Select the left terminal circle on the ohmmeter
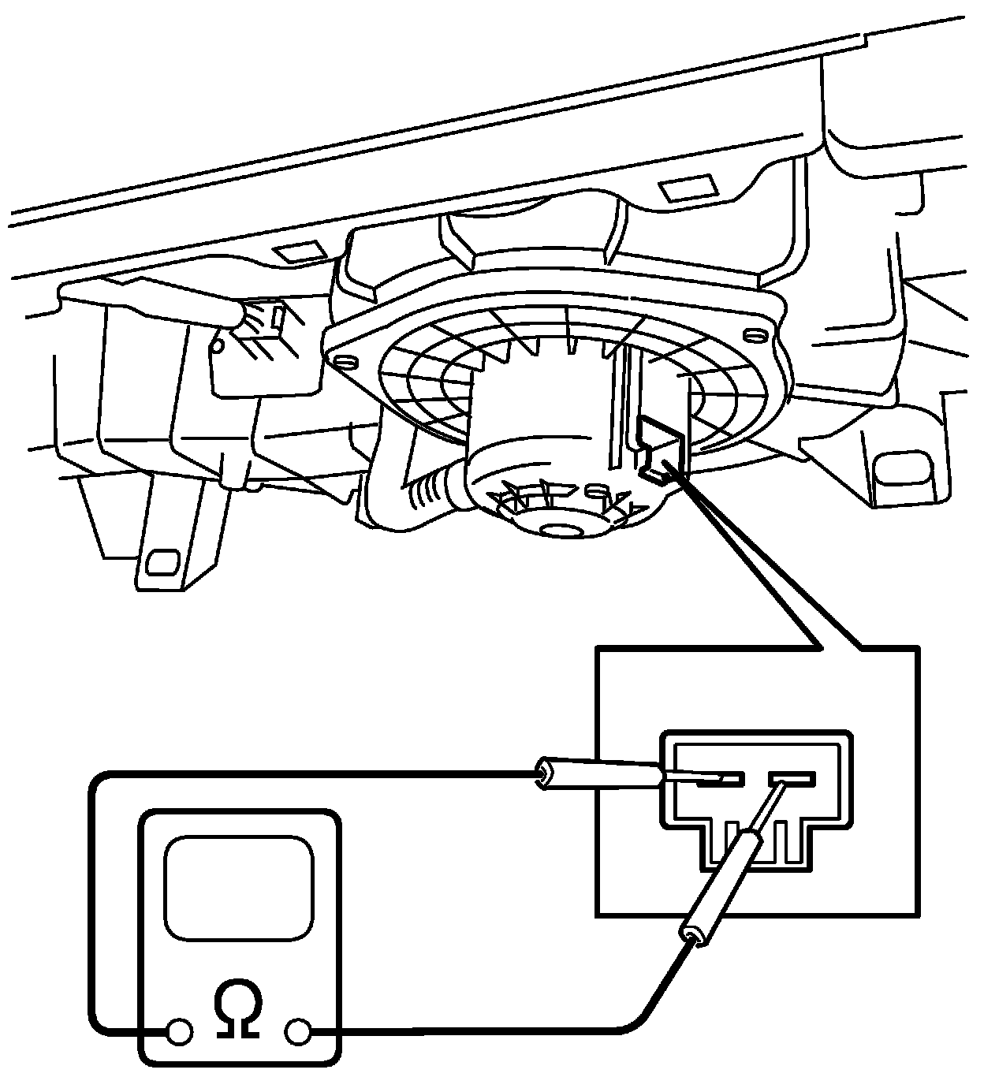click(x=179, y=1030)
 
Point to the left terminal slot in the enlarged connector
click(x=719, y=779)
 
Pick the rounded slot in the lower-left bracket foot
click(x=163, y=561)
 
